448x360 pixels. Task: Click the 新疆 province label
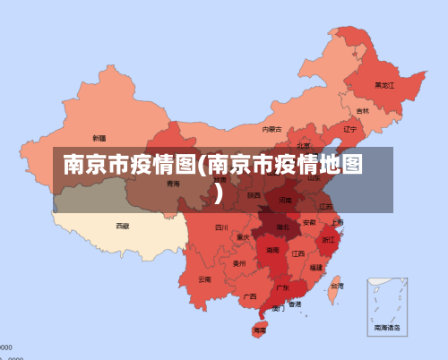tap(99, 139)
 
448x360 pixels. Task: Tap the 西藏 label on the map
tap(122, 227)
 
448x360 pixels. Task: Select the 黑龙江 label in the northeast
tap(383, 86)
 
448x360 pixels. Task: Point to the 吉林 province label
tap(362, 111)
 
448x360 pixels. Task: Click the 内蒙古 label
tap(271, 129)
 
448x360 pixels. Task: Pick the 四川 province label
tap(221, 227)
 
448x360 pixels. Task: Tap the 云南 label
tap(205, 279)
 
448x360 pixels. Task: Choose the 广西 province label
tap(250, 296)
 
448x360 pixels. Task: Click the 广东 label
tap(282, 288)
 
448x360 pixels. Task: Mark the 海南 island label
tap(260, 330)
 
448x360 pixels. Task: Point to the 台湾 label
tap(336, 287)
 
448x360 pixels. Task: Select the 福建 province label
tap(316, 267)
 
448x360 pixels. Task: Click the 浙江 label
tap(329, 240)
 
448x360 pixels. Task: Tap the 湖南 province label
tap(271, 251)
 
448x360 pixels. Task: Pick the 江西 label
tap(297, 253)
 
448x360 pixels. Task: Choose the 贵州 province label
tap(239, 264)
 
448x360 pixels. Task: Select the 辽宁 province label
tap(350, 129)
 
